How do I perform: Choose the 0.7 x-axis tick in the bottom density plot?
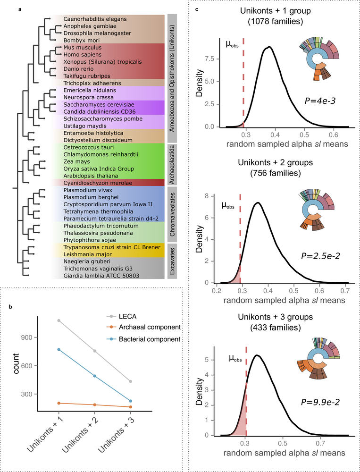[x=321, y=444]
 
